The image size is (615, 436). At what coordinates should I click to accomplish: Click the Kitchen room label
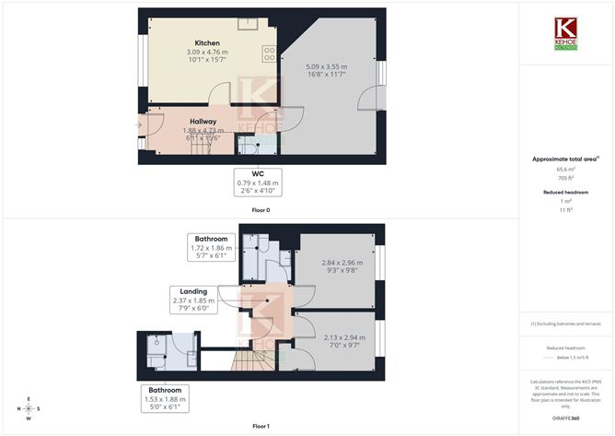point(206,42)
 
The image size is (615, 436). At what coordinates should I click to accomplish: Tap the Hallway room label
point(203,121)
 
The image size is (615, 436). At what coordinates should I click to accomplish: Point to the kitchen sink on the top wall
point(248,23)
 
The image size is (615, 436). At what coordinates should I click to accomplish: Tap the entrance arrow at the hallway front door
point(138,124)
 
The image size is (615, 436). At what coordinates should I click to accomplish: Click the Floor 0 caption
point(261,210)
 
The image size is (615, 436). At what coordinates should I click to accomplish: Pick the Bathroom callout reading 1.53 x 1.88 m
point(166,402)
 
